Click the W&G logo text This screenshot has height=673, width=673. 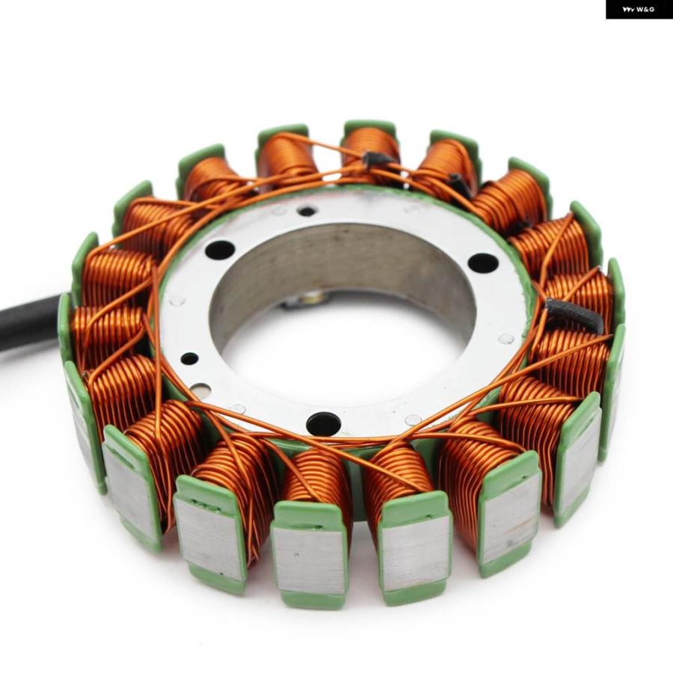click(x=639, y=10)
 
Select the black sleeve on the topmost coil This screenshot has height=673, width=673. click(x=378, y=159)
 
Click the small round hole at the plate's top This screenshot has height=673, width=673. click(x=307, y=211)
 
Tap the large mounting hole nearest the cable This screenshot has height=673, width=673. click(x=221, y=249)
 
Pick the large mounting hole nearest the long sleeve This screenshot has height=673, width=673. click(x=483, y=262)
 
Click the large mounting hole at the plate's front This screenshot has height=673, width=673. click(x=324, y=423)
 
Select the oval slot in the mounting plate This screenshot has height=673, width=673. click(x=200, y=391)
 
